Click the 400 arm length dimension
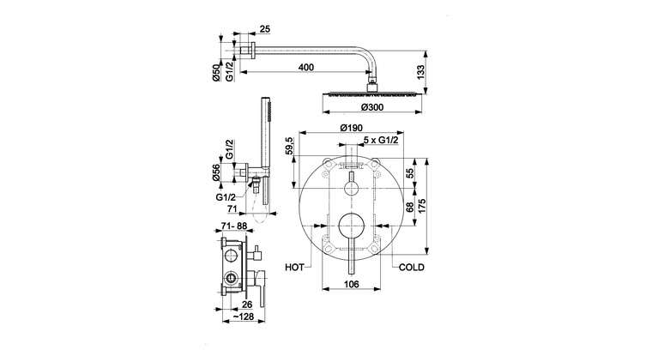coord(306,67)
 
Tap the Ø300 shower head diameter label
coord(372,107)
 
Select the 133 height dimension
coord(421,72)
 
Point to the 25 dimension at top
coord(265,29)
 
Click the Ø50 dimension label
coord(216,73)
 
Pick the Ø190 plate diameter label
coord(351,128)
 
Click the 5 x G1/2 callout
coord(381,140)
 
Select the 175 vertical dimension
coord(422,207)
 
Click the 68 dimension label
coord(409,207)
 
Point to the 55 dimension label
coord(409,173)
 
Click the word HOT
coord(294,268)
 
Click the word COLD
coord(412,268)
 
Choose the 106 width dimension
coord(352,284)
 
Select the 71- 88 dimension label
coord(233,226)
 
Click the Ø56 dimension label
coord(216,172)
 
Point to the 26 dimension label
coord(247,305)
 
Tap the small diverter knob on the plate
coord(352,188)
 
